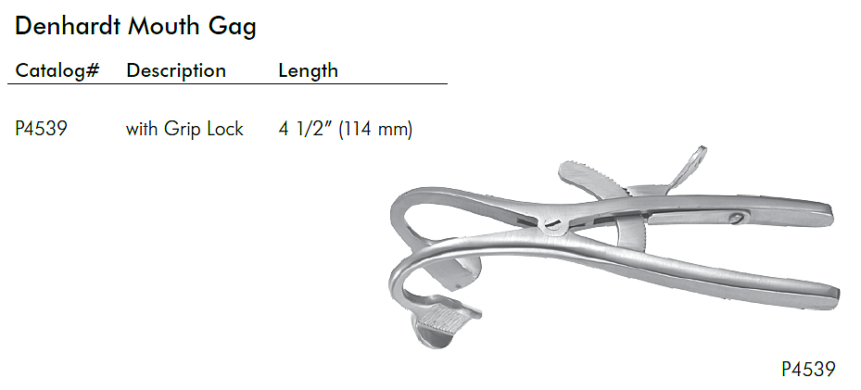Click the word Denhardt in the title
pos(67,26)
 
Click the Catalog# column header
pos(57,70)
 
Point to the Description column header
pos(176,70)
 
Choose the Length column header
pos(308,70)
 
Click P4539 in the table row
pos(41,129)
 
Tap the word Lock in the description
pos(226,129)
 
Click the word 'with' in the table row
pos(142,129)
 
